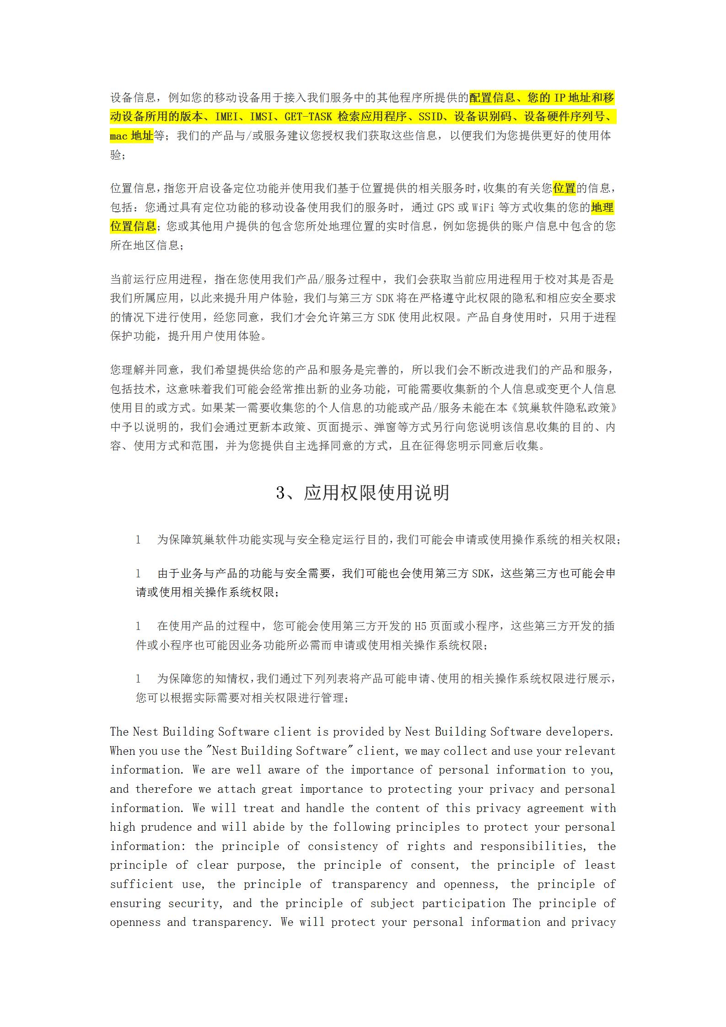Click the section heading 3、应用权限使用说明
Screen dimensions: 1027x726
tap(363, 493)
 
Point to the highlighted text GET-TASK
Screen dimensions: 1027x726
tap(309, 117)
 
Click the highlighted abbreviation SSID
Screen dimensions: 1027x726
tap(430, 117)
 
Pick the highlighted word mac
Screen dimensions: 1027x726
tap(118, 136)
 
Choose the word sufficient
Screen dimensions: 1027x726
tap(141, 884)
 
